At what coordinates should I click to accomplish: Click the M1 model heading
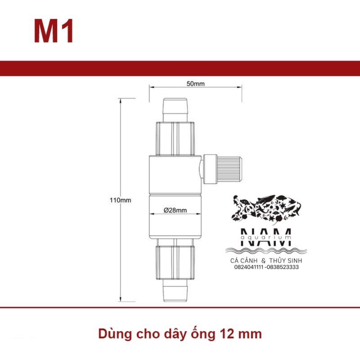coord(54,31)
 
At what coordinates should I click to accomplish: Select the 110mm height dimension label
coord(120,200)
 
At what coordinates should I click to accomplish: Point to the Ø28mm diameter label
coord(175,210)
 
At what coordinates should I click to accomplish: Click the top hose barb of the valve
coord(175,110)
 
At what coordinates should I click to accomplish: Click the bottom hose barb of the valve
coord(175,291)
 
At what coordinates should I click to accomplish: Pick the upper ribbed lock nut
coord(175,139)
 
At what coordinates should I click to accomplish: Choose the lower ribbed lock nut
coord(175,263)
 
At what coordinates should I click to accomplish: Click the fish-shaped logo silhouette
coord(266,209)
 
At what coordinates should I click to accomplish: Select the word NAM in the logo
coord(266,238)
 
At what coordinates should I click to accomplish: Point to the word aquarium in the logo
coord(266,237)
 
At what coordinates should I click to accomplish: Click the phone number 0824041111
coord(249,267)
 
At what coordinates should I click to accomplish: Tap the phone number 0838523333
coord(283,267)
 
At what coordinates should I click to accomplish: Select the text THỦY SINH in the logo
coord(286,261)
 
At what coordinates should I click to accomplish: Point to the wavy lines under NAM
coord(266,251)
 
